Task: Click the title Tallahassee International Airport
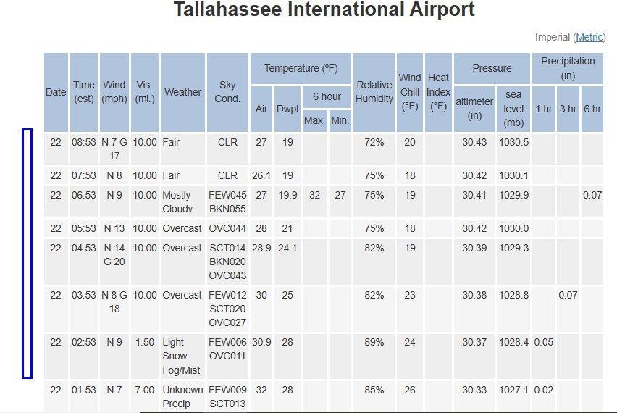pos(324,10)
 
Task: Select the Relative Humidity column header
pos(374,92)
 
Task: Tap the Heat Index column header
pos(438,92)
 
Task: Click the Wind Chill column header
pos(410,92)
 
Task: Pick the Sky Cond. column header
pos(227,92)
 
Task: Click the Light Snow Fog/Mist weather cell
pos(180,356)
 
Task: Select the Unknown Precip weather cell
pos(180,396)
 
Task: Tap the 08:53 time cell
pos(84,142)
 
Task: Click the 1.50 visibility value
pos(144,342)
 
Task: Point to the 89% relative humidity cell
pos(374,342)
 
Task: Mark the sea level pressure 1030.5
pos(513,142)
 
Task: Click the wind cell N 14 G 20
pos(114,254)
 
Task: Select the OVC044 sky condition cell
pos(227,228)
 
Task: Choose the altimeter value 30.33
pos(474,390)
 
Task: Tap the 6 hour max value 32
pos(314,195)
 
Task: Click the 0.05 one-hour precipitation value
pos(543,342)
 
